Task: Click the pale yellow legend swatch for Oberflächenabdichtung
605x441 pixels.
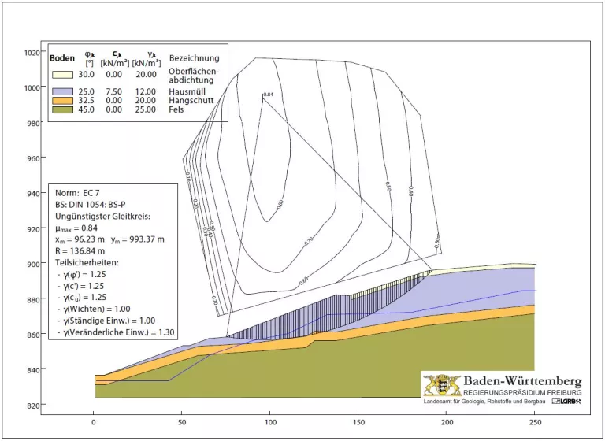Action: (x=62, y=74)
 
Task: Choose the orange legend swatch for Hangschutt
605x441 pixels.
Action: (x=62, y=101)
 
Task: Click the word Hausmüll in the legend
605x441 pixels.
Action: (x=187, y=92)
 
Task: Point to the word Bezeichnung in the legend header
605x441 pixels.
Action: (x=194, y=58)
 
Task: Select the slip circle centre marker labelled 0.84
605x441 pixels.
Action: (x=263, y=98)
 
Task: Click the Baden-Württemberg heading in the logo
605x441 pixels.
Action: (x=522, y=381)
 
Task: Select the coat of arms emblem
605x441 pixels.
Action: (x=441, y=386)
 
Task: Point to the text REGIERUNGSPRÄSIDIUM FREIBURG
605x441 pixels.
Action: (x=522, y=392)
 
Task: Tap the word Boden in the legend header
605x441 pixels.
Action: (x=62, y=58)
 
